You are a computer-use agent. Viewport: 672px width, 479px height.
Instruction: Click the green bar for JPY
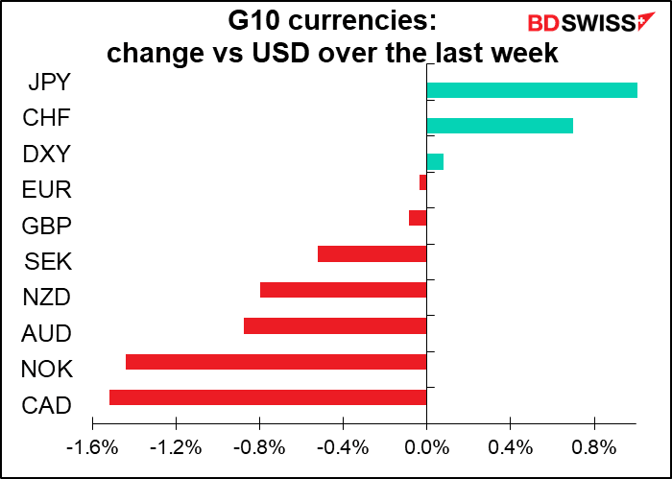[x=532, y=90]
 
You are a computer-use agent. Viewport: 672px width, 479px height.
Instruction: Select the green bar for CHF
[x=499, y=126]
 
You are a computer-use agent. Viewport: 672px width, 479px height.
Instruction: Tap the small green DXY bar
[x=435, y=162]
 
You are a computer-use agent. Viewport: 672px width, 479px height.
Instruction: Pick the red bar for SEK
[x=372, y=253]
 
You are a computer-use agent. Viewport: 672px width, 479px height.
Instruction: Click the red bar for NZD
[x=343, y=290]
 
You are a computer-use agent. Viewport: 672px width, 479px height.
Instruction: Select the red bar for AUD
[x=335, y=326]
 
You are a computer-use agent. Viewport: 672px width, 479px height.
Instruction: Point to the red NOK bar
[x=276, y=362]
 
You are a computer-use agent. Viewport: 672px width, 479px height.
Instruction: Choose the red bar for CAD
[x=268, y=397]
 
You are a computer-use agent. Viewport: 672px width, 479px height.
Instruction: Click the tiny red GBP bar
[x=418, y=218]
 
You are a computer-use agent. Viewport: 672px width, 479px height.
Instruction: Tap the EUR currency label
[x=46, y=190]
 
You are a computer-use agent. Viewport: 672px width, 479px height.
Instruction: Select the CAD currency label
[x=46, y=405]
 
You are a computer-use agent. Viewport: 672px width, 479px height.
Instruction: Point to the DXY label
[x=46, y=154]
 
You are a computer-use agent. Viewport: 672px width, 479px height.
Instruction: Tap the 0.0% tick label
[x=426, y=447]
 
